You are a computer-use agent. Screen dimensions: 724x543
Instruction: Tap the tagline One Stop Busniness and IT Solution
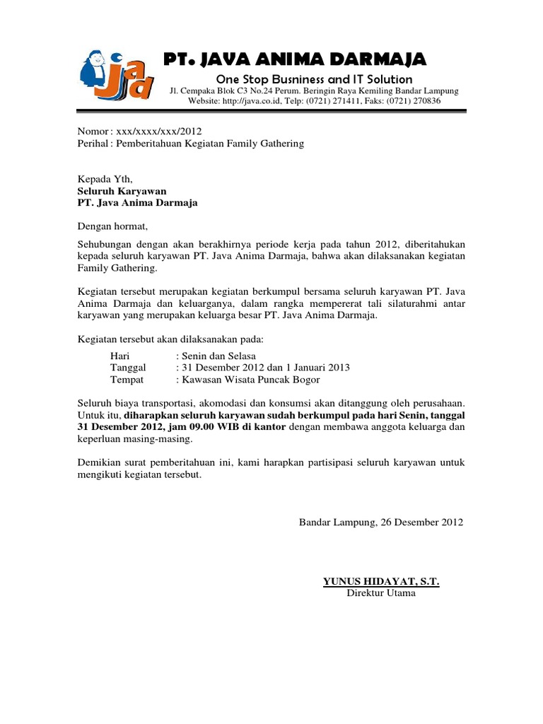314,79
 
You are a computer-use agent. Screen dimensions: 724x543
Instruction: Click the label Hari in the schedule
120,356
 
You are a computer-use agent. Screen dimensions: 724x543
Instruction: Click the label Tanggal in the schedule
128,368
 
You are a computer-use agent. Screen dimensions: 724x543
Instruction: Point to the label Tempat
127,380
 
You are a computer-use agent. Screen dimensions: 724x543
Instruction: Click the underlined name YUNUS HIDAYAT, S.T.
381,581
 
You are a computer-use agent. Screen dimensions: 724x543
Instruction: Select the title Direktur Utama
381,593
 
